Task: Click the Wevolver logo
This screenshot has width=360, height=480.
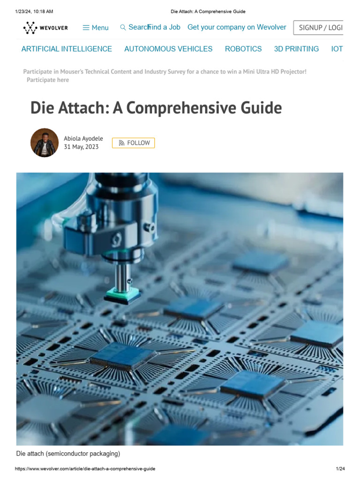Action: (x=45, y=28)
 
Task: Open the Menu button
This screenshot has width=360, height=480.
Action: (x=96, y=28)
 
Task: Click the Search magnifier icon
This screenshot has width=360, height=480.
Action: (x=123, y=28)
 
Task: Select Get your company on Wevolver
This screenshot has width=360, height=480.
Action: (x=237, y=27)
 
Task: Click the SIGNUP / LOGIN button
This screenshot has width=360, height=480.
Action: (x=319, y=28)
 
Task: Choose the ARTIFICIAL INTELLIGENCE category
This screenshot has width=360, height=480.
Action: (x=67, y=49)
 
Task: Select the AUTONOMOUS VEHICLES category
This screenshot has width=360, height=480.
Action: (x=168, y=49)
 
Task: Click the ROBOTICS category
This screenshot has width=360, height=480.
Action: (x=243, y=49)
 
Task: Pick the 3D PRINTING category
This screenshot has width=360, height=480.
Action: (x=296, y=49)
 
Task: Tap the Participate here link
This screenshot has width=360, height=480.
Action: (x=48, y=80)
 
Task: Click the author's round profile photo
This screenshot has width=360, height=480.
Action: (x=45, y=142)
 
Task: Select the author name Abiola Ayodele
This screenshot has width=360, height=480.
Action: (x=83, y=139)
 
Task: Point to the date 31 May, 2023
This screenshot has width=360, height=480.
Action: (x=81, y=147)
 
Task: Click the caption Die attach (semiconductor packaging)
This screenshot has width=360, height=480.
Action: (x=68, y=453)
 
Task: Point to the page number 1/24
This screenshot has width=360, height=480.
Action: (x=340, y=469)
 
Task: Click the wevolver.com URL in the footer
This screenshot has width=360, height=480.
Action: (x=85, y=469)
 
